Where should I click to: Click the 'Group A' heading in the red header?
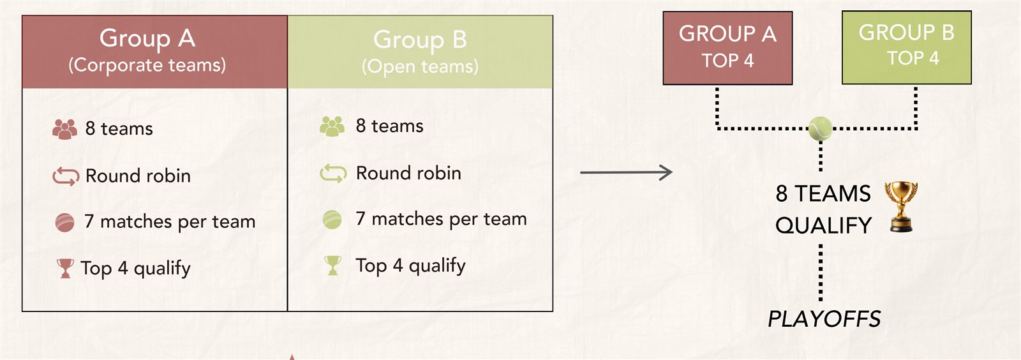(147, 38)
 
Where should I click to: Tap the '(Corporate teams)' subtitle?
(147, 64)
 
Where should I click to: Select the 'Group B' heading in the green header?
(420, 39)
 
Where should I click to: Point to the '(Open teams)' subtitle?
(420, 66)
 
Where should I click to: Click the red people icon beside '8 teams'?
(64, 129)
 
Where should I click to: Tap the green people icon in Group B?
(332, 126)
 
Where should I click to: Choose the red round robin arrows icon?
(66, 176)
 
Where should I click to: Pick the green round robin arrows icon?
(333, 174)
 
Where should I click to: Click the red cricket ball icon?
(64, 223)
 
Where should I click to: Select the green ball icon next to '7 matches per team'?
(332, 220)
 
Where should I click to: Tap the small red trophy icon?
(64, 269)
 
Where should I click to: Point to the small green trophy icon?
(332, 266)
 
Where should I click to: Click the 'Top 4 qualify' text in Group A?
(135, 269)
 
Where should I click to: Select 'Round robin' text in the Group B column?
(408, 173)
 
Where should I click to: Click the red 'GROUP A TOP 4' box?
(727, 48)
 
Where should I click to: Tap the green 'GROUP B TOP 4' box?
(907, 47)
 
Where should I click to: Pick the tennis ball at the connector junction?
(821, 128)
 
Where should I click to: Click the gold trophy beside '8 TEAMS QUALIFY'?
(901, 207)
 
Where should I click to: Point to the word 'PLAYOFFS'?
(824, 319)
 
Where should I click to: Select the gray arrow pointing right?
(626, 173)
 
